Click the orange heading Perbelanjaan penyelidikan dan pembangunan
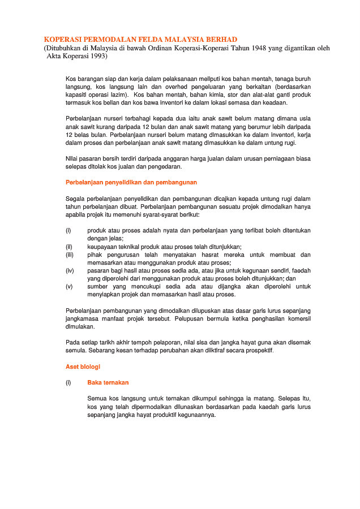(131, 183)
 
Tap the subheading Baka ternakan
(108, 382)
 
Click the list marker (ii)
(69, 247)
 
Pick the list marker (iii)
(70, 255)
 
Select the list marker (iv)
(70, 270)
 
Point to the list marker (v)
(69, 286)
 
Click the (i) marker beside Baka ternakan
(68, 382)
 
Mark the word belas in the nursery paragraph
(80, 136)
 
